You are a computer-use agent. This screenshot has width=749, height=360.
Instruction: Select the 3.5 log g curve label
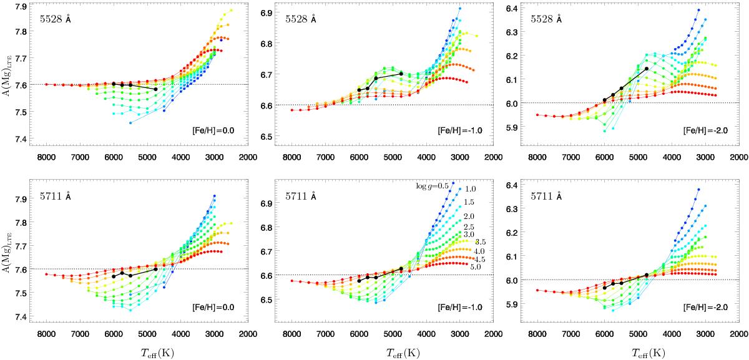coord(481,242)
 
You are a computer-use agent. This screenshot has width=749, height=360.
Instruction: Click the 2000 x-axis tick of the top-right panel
coord(737,156)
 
